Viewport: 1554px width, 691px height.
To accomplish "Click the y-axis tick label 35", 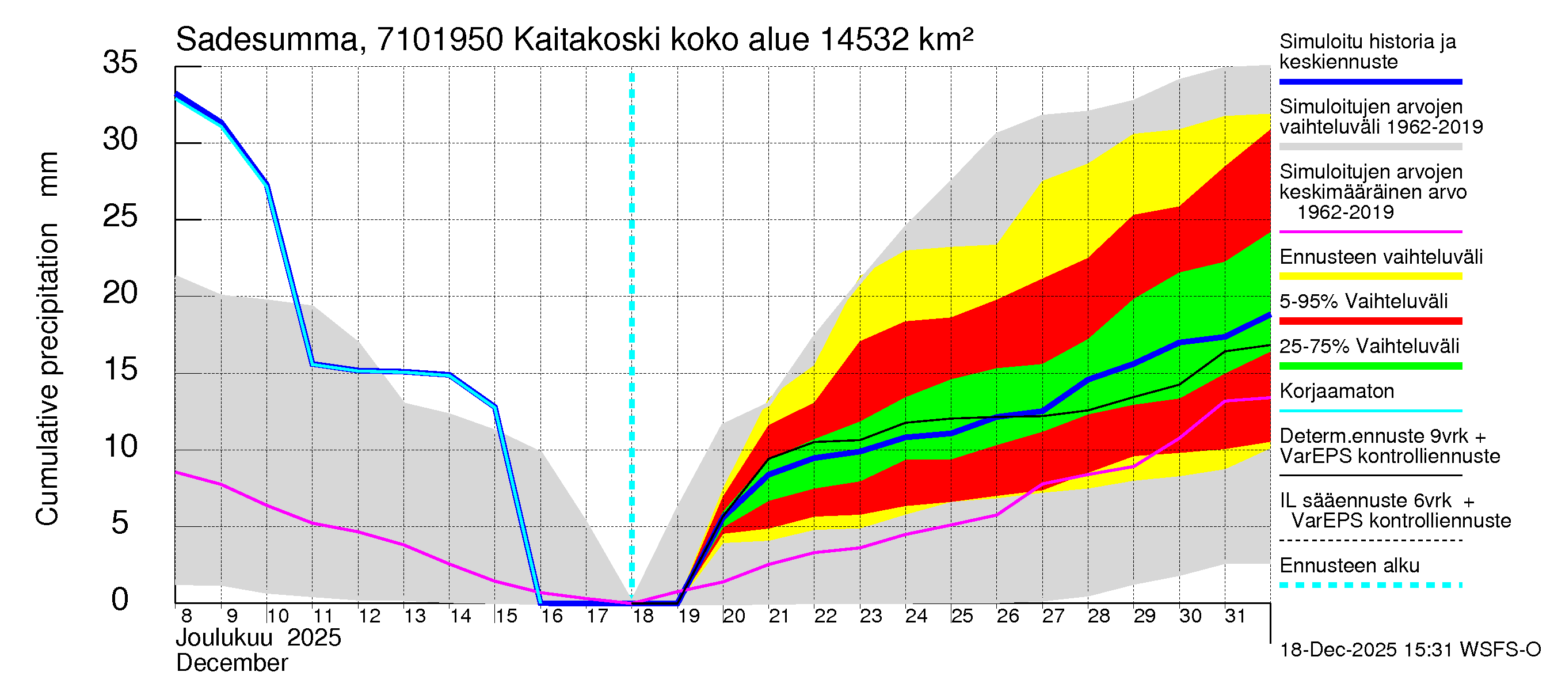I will click(x=120, y=63).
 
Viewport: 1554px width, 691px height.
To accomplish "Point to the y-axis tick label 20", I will click(x=120, y=293).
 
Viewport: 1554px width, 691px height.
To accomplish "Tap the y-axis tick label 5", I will click(x=120, y=523).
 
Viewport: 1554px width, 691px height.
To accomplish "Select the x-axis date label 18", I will click(x=643, y=616).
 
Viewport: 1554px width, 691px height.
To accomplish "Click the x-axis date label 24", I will click(x=916, y=616).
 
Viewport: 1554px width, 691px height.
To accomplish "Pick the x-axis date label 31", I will click(x=1236, y=616).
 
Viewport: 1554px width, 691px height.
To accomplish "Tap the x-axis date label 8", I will click(x=186, y=616).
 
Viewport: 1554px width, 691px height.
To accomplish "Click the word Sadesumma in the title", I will click(x=266, y=40).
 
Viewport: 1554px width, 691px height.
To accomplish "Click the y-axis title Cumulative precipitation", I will click(x=47, y=374).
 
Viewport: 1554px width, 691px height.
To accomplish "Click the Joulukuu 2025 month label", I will click(x=258, y=638).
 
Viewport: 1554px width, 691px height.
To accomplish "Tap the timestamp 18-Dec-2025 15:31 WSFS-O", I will click(x=1410, y=650).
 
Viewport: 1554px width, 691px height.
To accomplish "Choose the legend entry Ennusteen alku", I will click(x=1349, y=566).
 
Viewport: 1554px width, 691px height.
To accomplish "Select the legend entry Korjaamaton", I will click(x=1336, y=392).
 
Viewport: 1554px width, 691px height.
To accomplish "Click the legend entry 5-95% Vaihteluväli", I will click(x=1363, y=301).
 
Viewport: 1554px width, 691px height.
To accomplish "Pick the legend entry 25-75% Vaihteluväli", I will click(x=1369, y=347).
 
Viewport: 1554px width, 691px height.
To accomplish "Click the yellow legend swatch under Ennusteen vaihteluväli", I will click(x=1370, y=276).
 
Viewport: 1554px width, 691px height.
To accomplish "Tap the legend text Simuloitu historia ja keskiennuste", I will click(x=1367, y=52).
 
